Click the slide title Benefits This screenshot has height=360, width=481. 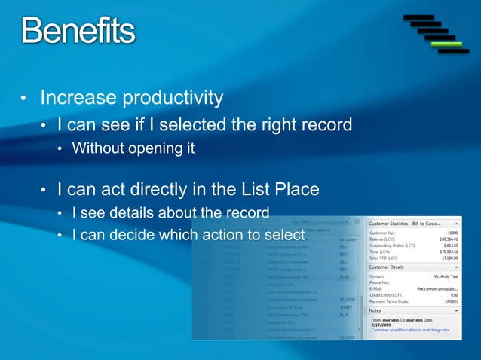point(78,31)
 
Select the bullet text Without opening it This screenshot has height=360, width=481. point(133,148)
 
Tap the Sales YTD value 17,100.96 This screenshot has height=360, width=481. point(447,258)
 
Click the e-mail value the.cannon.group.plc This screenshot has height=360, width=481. point(437,289)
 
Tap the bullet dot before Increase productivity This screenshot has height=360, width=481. point(23,99)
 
